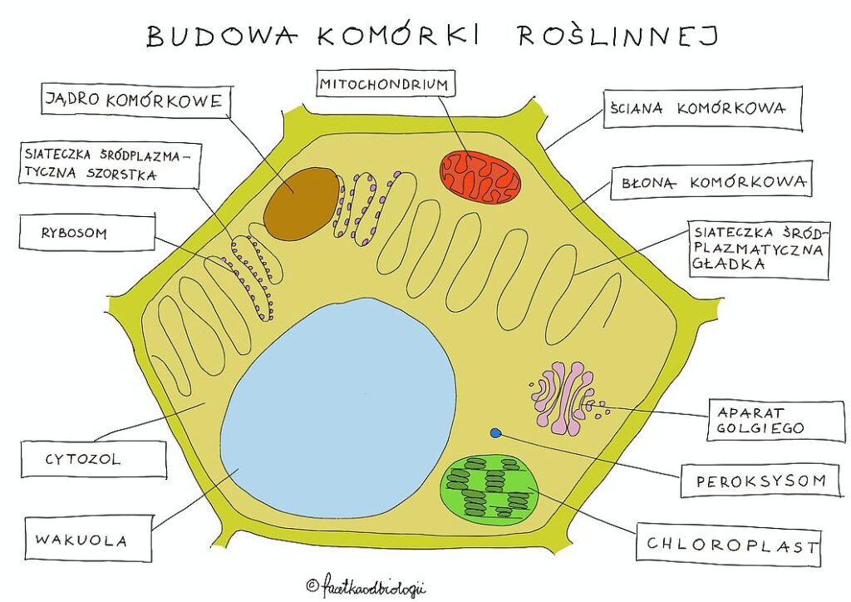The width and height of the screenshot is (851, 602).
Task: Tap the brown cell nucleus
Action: (301, 204)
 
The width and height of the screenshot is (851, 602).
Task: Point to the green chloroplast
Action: (489, 489)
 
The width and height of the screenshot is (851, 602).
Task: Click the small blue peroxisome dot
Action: (496, 432)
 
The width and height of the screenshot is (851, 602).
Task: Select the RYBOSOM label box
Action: (86, 234)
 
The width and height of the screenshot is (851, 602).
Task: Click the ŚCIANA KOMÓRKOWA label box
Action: (702, 108)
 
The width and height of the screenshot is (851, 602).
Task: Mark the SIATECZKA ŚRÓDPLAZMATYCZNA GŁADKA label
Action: (758, 249)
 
